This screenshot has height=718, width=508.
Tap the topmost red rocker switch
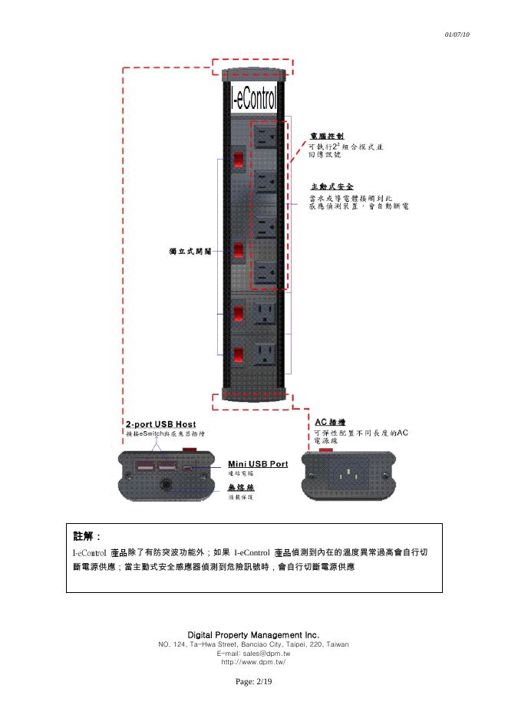click(x=239, y=159)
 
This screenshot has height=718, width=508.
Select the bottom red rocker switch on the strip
click(x=239, y=354)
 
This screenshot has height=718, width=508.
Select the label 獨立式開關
click(x=186, y=251)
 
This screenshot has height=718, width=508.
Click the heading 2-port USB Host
click(x=160, y=424)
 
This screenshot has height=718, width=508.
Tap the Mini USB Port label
click(x=258, y=464)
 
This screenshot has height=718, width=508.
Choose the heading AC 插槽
click(x=331, y=422)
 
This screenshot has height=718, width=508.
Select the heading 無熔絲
click(x=241, y=487)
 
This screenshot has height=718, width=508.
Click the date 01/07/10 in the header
click(x=457, y=35)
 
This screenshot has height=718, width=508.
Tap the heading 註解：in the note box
click(x=87, y=535)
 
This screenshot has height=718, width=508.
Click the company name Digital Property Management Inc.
click(x=253, y=635)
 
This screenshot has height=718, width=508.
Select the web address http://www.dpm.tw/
click(x=253, y=661)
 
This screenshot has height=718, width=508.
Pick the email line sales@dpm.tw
click(x=253, y=653)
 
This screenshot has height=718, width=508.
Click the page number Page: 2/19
click(x=253, y=681)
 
